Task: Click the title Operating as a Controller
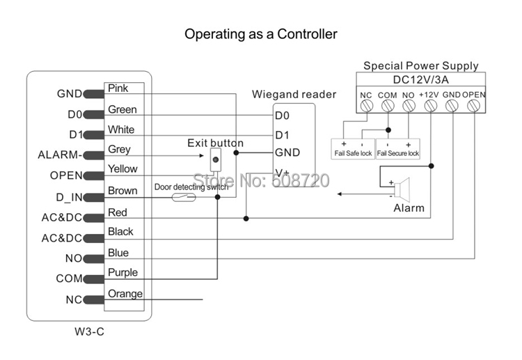[260, 33]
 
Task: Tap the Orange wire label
[125, 294]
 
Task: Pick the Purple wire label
[122, 272]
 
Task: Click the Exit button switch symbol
[216, 160]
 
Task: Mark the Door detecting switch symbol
[184, 198]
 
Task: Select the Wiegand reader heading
[294, 94]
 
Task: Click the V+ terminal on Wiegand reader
[282, 172]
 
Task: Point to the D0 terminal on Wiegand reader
[281, 115]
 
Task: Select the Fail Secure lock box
[398, 149]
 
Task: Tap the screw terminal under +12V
[431, 106]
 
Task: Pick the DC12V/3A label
[420, 79]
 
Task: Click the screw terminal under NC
[367, 106]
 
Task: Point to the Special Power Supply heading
[420, 66]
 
